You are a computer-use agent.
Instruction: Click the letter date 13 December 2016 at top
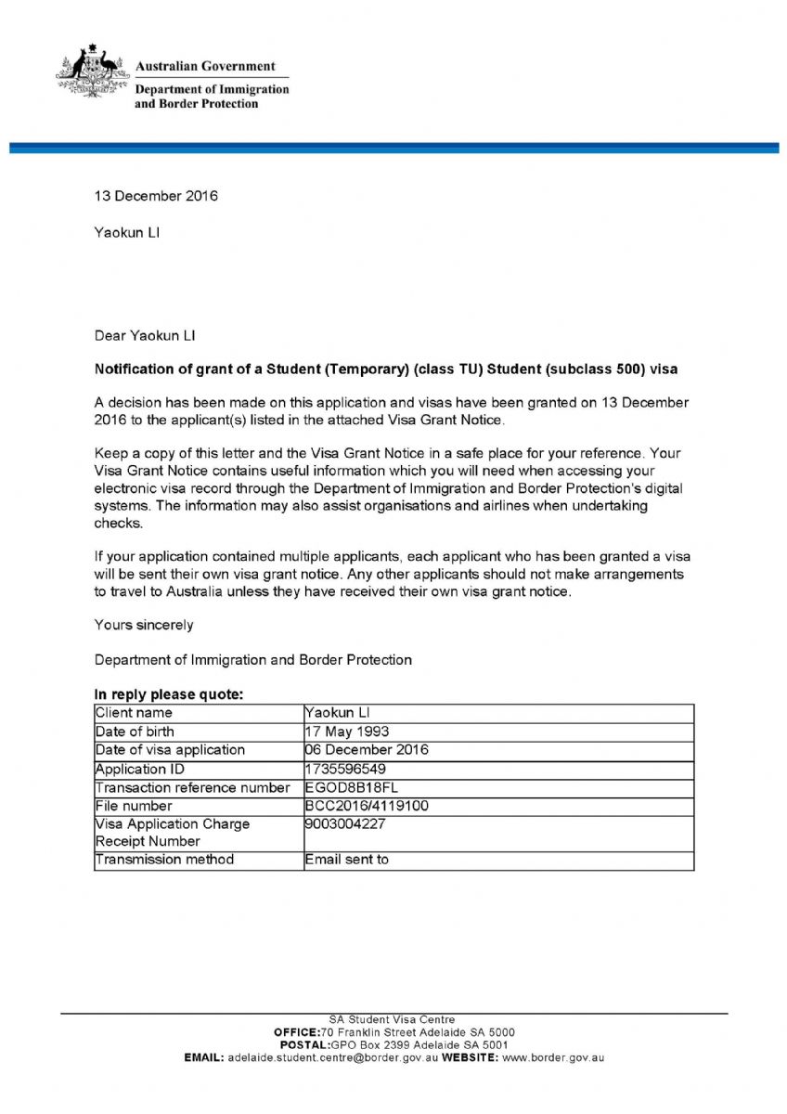point(156,196)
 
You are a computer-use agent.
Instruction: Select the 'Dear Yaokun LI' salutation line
point(145,334)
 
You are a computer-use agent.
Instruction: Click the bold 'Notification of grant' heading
point(386,369)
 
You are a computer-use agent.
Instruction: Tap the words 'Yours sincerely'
point(144,625)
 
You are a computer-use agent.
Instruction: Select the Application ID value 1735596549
point(345,769)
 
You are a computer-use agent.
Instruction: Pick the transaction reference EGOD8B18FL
point(351,787)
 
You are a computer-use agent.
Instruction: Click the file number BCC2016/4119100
point(367,806)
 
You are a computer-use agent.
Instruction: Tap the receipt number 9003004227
point(344,823)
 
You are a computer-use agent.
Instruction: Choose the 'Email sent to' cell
point(346,860)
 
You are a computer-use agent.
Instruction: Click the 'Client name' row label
point(134,713)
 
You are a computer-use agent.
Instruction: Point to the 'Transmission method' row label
point(164,860)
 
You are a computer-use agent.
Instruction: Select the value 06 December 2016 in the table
point(367,750)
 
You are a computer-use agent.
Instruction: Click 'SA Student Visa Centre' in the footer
point(393,1019)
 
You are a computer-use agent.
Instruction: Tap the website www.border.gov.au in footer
point(553,1056)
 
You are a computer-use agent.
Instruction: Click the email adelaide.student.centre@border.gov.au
point(332,1056)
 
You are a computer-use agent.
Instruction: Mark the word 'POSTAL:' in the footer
point(311,1044)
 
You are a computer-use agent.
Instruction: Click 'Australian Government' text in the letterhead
point(205,67)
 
